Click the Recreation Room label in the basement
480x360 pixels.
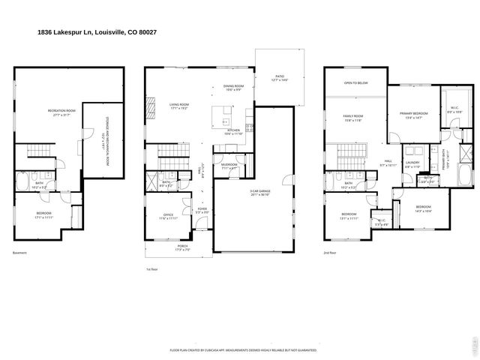[61, 112]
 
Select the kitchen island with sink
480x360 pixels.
[223, 115]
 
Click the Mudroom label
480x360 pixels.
[229, 166]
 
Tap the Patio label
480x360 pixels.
[280, 77]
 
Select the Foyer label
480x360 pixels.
[202, 211]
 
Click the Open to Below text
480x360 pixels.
[355, 82]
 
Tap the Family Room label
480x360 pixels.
[352, 118]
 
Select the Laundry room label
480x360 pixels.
[412, 164]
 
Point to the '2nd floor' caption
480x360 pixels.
[331, 253]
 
